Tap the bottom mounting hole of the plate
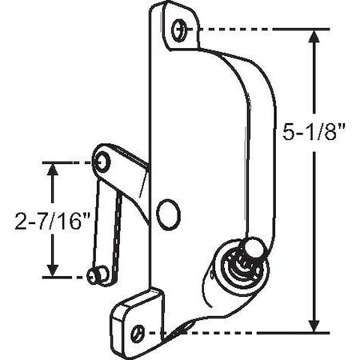(141, 330)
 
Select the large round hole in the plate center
(168, 214)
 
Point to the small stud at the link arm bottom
(96, 275)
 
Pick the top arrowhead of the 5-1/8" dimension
(314, 37)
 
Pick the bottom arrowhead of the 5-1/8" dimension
(314, 323)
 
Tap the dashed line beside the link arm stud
(67, 275)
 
